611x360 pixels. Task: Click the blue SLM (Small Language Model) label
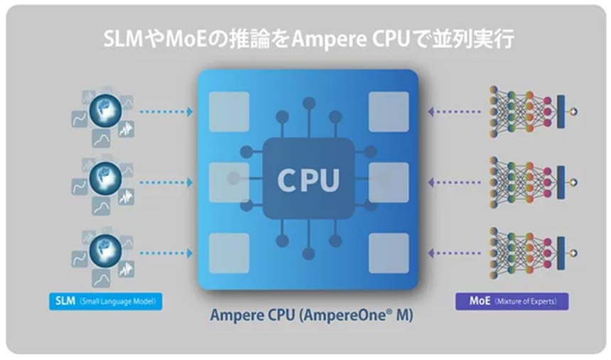106,301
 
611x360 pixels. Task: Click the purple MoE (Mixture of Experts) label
512,301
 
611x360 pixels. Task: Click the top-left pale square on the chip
229,111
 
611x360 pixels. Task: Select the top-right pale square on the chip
389,111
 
